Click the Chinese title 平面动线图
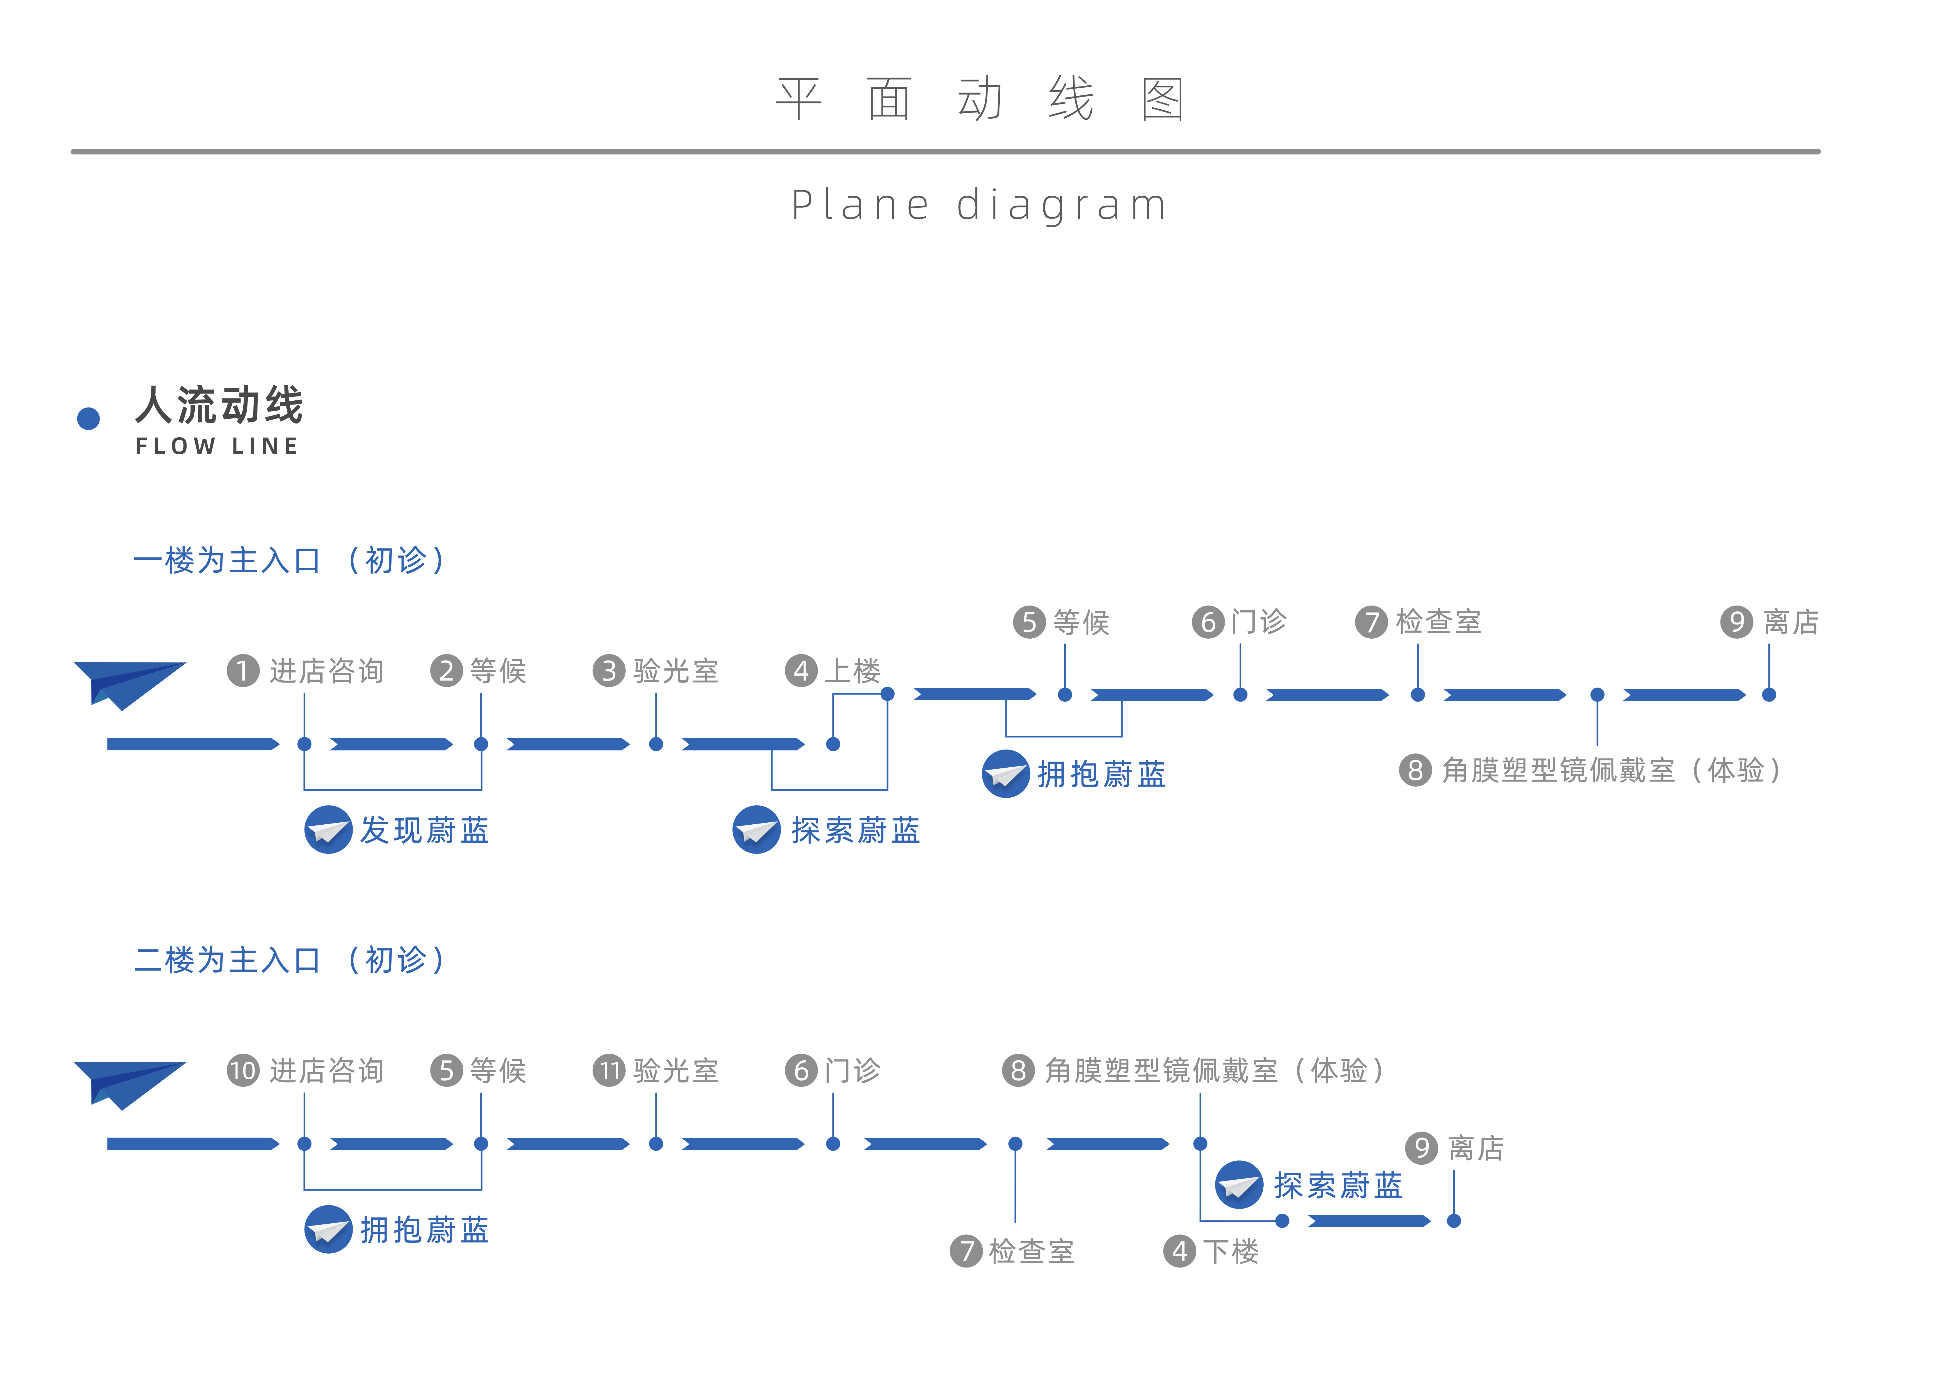pos(978,99)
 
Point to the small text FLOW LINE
pos(217,446)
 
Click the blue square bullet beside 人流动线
pos(88,418)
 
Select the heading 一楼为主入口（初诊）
pos(288,560)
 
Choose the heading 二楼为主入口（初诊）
pos(288,959)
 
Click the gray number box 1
pos(243,670)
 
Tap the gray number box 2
pos(446,670)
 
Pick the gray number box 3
pos(608,670)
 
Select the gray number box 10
pos(243,1070)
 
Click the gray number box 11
pos(608,1070)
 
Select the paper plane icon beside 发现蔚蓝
pos(328,829)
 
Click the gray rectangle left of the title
pos(354,217)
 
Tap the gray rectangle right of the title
pos(1514,217)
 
